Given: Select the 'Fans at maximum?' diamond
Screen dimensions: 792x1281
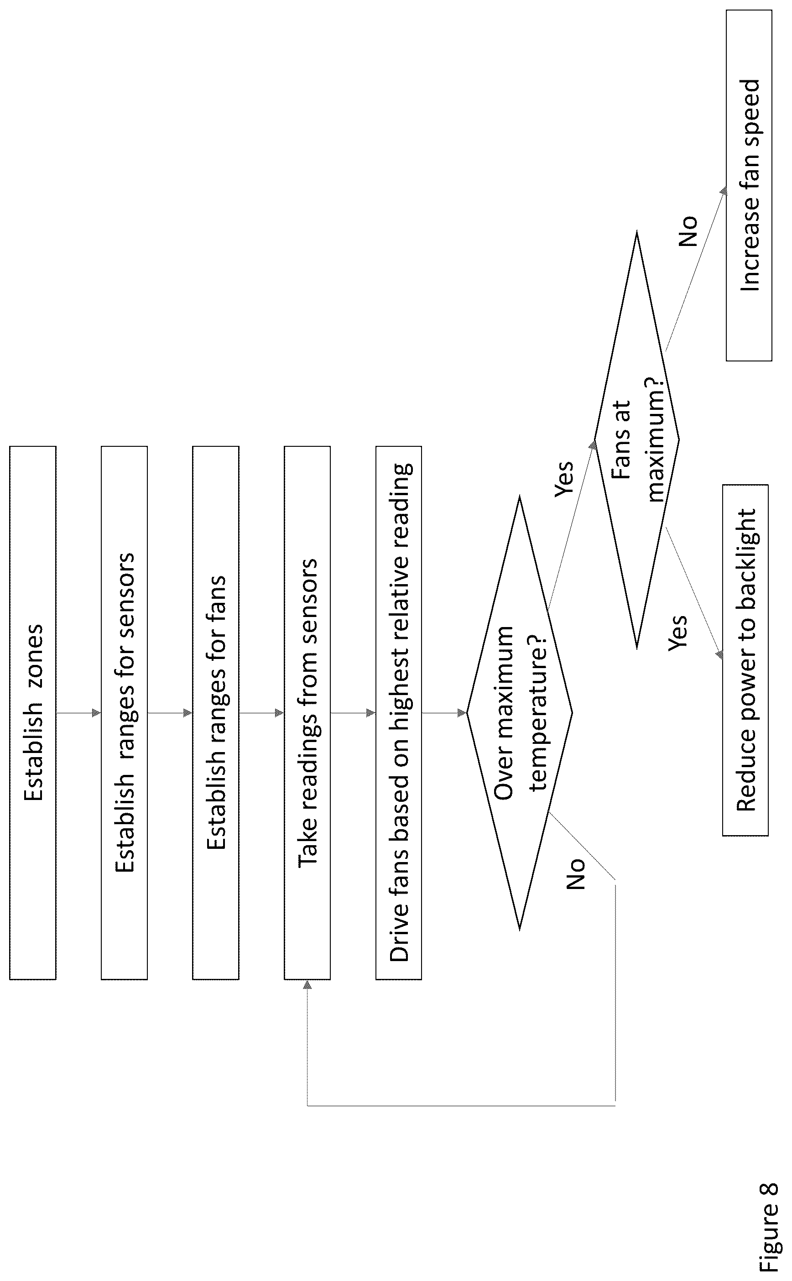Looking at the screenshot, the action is click(637, 439).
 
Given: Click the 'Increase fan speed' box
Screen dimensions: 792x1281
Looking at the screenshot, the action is click(749, 185).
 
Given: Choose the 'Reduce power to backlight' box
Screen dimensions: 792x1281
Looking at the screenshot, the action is click(745, 660).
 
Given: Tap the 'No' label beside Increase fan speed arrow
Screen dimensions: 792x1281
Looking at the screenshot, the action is click(688, 231).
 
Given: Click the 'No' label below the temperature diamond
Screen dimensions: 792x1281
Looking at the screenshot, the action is click(575, 874).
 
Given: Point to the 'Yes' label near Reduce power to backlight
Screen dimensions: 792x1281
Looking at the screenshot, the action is click(678, 633).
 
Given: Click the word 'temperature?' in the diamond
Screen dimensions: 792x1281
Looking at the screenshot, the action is click(538, 712).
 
